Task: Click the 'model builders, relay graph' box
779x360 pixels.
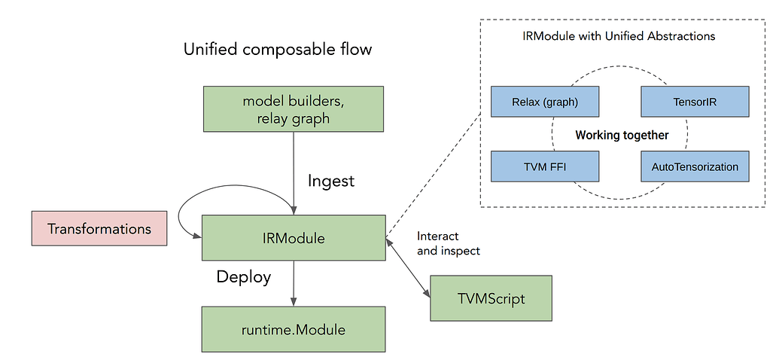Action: (x=294, y=110)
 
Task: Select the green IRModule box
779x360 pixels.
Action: (x=294, y=239)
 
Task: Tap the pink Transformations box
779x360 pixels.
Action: (x=99, y=229)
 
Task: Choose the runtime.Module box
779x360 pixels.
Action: (x=294, y=328)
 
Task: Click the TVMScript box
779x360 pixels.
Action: (x=491, y=298)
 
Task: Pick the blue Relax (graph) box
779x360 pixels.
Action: (x=545, y=102)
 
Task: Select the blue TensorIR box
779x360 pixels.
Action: (x=695, y=102)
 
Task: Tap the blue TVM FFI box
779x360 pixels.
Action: (x=545, y=166)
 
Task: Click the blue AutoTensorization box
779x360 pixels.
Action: (x=695, y=166)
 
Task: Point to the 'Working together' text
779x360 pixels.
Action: (x=622, y=136)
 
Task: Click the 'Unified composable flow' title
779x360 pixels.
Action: (x=278, y=50)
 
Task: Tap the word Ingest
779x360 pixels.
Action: (x=332, y=181)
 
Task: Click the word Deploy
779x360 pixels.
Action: (x=243, y=276)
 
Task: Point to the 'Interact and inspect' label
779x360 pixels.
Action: (x=449, y=243)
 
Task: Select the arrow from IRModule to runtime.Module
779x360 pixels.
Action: (x=294, y=283)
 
